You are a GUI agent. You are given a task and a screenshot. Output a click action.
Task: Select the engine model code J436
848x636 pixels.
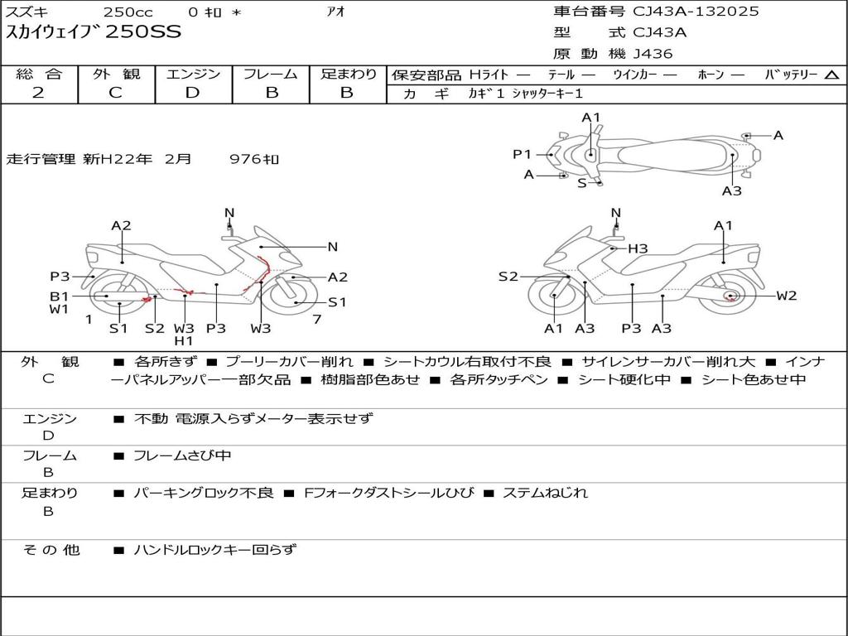653,54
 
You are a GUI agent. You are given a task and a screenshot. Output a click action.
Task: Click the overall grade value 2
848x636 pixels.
38,93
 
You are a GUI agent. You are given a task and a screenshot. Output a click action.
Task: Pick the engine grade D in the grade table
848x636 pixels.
192,93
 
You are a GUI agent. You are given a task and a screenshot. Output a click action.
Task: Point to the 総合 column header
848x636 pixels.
38,74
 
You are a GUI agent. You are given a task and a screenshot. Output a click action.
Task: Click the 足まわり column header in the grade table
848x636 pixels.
348,74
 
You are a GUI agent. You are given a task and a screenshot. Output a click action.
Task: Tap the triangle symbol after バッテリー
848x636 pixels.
831,75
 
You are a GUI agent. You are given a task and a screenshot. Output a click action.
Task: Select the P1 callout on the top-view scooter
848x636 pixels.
521,154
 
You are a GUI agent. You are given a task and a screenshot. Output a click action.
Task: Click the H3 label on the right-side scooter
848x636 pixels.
637,248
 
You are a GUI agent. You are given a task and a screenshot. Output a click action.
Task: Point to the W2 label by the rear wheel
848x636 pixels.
786,296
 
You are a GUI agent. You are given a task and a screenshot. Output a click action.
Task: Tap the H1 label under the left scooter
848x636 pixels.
183,340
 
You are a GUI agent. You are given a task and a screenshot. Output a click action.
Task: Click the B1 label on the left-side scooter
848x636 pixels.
58,296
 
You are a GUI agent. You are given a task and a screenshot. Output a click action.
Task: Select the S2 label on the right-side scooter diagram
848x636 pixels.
508,277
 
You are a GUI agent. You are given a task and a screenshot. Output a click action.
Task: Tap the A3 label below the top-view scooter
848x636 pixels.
731,191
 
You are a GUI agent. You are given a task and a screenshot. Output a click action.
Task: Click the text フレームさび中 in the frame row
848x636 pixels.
182,455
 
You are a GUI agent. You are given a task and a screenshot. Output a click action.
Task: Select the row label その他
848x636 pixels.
49,549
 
